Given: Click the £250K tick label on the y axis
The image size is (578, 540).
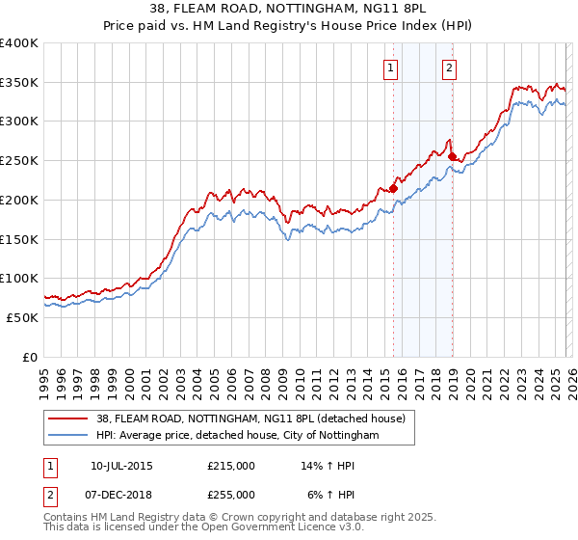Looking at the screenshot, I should click(19, 160).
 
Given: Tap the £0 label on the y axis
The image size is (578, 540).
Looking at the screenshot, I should click(31, 357).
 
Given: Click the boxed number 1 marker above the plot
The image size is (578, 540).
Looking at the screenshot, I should click(391, 67).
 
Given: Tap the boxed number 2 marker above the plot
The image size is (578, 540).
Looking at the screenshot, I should click(450, 67).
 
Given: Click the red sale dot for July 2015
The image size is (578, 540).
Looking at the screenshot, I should click(393, 188).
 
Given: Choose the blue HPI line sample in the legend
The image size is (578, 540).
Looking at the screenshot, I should click(68, 436).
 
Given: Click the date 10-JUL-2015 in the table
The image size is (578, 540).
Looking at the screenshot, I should click(121, 466).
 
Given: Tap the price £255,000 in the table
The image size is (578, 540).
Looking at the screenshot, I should click(231, 494).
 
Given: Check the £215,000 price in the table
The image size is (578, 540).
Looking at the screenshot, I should click(231, 466).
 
